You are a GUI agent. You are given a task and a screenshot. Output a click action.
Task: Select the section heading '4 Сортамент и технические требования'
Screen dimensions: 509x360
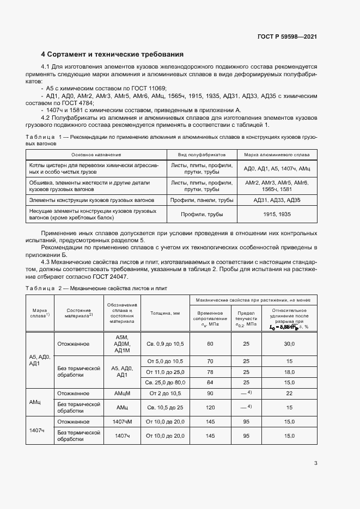[x=112, y=54]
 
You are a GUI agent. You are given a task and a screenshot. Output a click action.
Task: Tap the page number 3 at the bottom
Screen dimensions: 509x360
[x=315, y=463]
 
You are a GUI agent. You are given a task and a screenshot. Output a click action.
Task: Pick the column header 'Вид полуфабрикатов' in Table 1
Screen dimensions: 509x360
[x=202, y=155]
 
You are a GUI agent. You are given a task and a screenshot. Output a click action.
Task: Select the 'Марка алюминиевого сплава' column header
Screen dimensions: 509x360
[x=276, y=155]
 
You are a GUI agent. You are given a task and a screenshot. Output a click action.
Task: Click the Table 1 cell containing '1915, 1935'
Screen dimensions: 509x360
[x=276, y=214]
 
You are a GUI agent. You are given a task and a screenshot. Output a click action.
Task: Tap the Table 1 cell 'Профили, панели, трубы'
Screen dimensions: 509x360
[x=202, y=200]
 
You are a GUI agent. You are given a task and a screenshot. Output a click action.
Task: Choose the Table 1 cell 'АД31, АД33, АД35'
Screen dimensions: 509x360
[x=276, y=200]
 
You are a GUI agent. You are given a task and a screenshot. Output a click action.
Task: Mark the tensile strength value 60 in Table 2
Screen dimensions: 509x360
[x=210, y=344]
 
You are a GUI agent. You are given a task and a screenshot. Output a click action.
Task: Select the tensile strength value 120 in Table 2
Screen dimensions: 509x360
[x=210, y=407]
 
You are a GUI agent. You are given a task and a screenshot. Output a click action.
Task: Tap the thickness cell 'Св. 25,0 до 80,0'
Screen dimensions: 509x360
[x=164, y=383]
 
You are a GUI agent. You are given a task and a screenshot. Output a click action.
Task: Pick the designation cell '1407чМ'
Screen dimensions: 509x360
[x=121, y=422]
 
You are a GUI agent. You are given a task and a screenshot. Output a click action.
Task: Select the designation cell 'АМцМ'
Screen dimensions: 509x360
[x=121, y=394]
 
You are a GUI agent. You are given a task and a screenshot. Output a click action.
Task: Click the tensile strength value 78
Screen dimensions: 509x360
[x=210, y=372]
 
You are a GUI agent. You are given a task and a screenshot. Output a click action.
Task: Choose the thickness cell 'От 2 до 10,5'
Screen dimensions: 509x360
[x=164, y=394]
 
